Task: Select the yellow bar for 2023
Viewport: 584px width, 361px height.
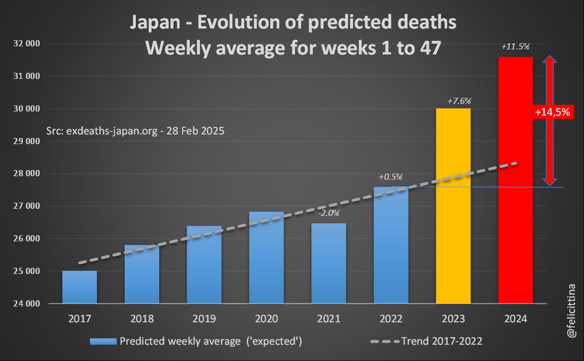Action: pos(453,206)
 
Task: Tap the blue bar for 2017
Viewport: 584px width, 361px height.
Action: pos(79,287)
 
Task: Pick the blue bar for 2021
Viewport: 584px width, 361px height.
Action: pos(329,263)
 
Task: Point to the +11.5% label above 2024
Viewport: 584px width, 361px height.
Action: pos(515,46)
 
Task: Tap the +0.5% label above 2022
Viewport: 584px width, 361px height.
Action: pos(390,177)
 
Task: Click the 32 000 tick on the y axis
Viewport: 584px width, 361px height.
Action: pos(25,44)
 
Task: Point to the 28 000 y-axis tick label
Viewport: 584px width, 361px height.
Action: pos(25,174)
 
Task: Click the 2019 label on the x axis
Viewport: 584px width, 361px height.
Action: pos(204,319)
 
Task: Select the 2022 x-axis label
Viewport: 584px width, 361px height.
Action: pos(391,319)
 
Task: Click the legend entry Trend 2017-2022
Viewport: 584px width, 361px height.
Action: pos(442,341)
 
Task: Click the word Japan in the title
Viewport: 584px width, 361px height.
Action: pos(152,22)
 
